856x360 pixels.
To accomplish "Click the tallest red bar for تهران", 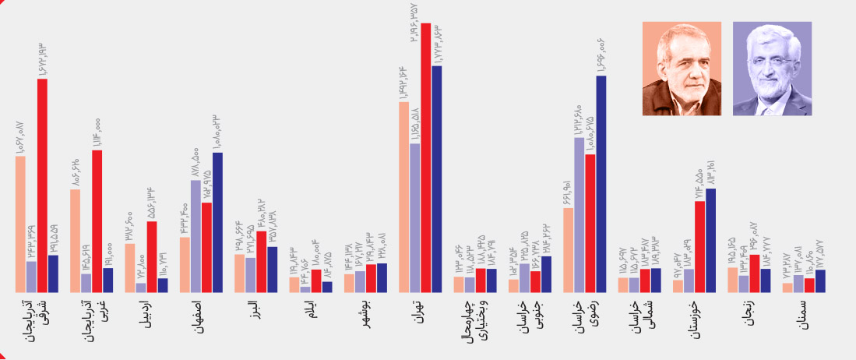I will tap(426, 156).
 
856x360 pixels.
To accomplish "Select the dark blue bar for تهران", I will tap(437, 179).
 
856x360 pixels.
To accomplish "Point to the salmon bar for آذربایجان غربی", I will tap(75, 241).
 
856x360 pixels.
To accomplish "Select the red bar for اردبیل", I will tap(152, 257).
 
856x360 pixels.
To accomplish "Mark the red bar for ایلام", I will tap(316, 281).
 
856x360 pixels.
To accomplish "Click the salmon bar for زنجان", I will tap(732, 280).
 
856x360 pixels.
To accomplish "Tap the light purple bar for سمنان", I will tap(798, 284).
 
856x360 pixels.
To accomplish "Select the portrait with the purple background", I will tap(772, 69).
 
